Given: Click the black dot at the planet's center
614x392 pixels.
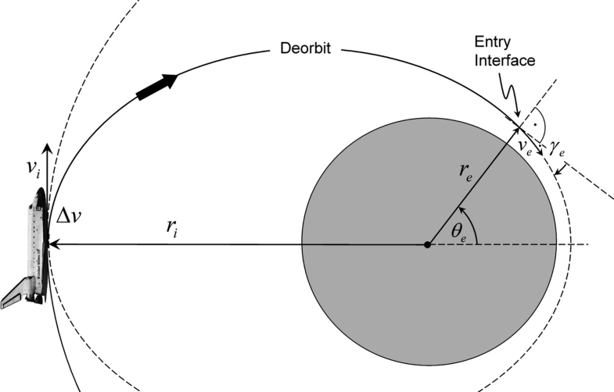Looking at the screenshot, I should click(427, 245).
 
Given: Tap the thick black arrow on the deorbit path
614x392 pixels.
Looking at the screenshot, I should click(156, 86).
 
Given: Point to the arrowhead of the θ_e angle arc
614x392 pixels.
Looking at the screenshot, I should click(462, 210).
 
